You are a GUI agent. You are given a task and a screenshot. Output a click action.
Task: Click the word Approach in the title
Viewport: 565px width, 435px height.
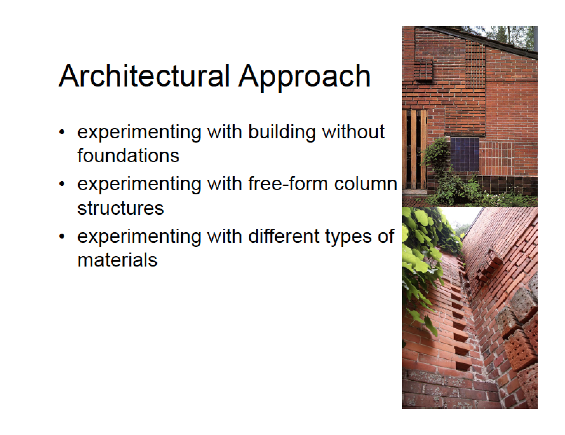pos(304,78)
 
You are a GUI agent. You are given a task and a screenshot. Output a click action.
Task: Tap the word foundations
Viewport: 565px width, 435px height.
pos(128,156)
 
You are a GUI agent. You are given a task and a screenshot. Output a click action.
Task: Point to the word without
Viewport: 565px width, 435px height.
pos(354,132)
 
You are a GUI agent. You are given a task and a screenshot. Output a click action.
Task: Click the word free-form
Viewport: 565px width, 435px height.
pos(288,184)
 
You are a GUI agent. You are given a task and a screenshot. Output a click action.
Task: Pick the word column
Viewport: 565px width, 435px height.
pos(365,184)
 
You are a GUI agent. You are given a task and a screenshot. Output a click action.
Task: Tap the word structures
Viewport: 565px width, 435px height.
pos(121,208)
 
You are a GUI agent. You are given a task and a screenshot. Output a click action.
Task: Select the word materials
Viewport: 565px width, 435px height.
pos(117,260)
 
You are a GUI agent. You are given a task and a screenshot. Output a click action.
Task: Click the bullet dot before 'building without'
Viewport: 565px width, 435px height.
pos(62,132)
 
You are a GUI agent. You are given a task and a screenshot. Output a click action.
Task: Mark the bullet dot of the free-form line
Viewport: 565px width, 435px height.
pos(62,184)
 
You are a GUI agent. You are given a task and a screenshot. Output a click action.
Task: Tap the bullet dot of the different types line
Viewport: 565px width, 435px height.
pos(62,236)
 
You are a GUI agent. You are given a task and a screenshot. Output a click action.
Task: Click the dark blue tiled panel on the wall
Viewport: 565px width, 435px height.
pos(464,154)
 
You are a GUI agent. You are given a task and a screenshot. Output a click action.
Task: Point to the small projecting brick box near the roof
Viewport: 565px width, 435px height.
pos(423,70)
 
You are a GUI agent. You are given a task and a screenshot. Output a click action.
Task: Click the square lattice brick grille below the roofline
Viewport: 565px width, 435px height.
pos(475,65)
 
